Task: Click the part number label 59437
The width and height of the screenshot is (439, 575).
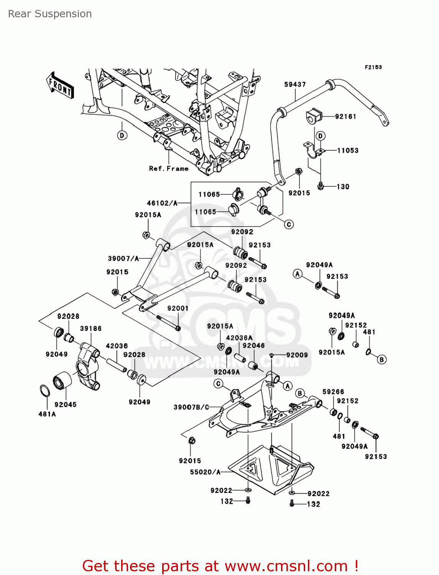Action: point(295,84)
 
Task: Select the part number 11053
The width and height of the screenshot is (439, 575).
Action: point(348,151)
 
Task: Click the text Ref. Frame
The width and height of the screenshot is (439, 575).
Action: point(169,169)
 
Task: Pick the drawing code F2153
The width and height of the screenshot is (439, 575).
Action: point(373,67)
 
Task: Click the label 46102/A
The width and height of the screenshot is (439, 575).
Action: point(162,203)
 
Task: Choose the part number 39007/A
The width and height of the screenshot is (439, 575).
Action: point(123,259)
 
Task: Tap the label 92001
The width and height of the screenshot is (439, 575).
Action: point(178,308)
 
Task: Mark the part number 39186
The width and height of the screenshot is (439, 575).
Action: point(91,329)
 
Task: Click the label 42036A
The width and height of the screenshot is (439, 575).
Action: point(239,338)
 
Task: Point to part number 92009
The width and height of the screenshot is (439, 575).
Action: point(297,355)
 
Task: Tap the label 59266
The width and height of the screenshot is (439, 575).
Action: point(333,392)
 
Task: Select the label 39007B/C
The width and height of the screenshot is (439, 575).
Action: point(191,407)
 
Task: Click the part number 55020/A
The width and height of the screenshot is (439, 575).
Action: point(205,472)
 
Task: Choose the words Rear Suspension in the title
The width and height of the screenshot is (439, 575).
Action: point(50,14)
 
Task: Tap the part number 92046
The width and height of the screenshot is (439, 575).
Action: point(253,345)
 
